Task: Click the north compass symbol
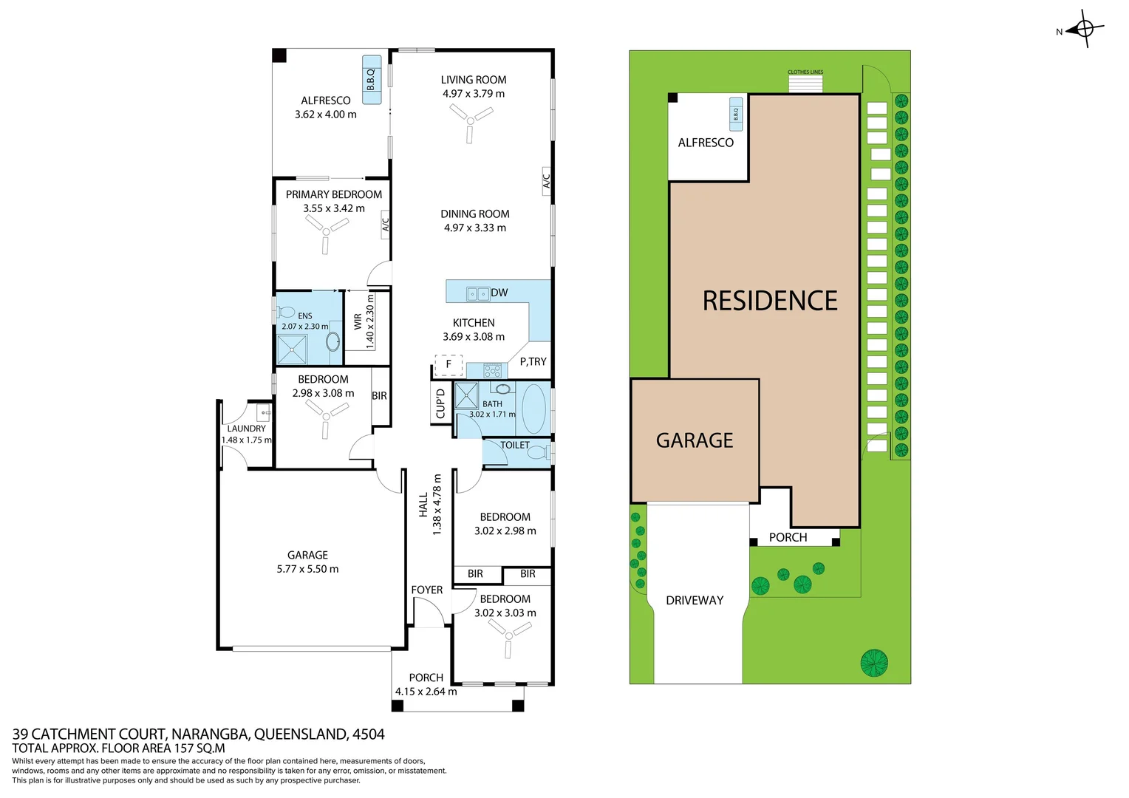pos(1085,29)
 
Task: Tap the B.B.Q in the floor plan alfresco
pos(372,79)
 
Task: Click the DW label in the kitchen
pos(499,293)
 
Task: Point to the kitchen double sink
pos(477,293)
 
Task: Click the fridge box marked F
pos(448,364)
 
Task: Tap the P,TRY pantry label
pos(533,361)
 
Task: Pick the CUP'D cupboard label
pos(440,403)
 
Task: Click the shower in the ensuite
pos(292,349)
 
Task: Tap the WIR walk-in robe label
pos(358,321)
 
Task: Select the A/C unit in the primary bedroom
pos(385,223)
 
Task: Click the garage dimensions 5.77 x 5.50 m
pos(307,569)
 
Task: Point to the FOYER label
pos(426,590)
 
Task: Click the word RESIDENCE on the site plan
pos(770,301)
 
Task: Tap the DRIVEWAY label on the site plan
pos(695,600)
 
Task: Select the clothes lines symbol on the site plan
pos(805,83)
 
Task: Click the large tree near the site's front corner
pos(874,662)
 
